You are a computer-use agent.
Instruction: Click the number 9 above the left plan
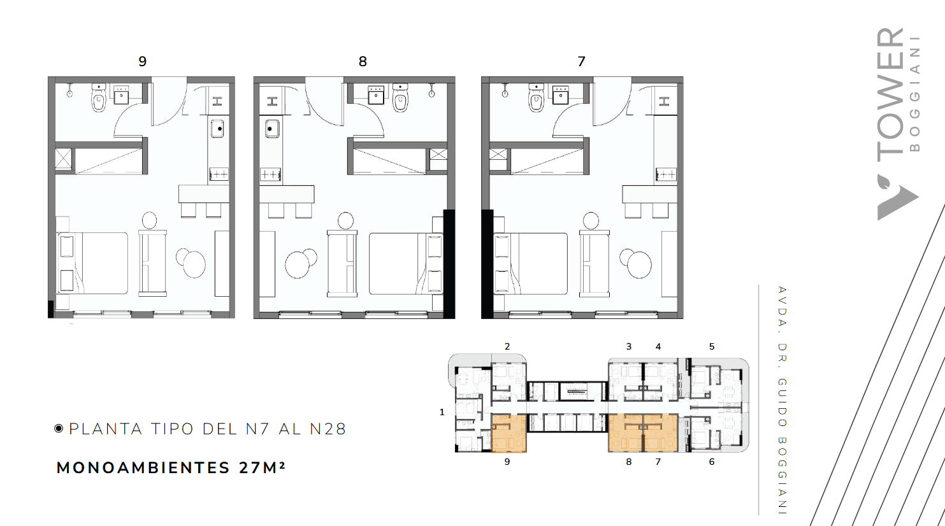[x=143, y=62]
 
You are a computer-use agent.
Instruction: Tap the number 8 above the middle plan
[x=363, y=62]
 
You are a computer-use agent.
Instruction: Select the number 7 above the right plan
[x=581, y=62]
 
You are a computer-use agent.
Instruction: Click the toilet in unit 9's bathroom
[x=99, y=98]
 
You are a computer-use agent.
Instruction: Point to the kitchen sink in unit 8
[x=272, y=129]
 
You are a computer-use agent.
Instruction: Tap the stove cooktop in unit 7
[x=666, y=174]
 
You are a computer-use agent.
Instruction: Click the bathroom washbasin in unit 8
[x=375, y=95]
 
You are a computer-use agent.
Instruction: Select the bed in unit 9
[x=92, y=264]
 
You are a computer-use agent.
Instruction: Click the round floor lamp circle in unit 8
[x=345, y=220]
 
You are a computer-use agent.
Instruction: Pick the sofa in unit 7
[x=594, y=264]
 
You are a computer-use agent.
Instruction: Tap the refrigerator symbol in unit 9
[x=217, y=101]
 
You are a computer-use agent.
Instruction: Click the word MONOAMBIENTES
[x=143, y=468]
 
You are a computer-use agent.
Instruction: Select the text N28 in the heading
[x=328, y=429]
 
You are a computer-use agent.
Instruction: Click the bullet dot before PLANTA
[x=59, y=429]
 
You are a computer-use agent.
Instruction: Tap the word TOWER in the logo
[x=891, y=95]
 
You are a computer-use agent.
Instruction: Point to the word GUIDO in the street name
[x=782, y=402]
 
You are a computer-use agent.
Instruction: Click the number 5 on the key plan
[x=712, y=346]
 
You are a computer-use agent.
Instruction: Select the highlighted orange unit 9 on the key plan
[x=509, y=433]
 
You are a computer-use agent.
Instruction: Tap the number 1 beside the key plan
[x=442, y=412]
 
